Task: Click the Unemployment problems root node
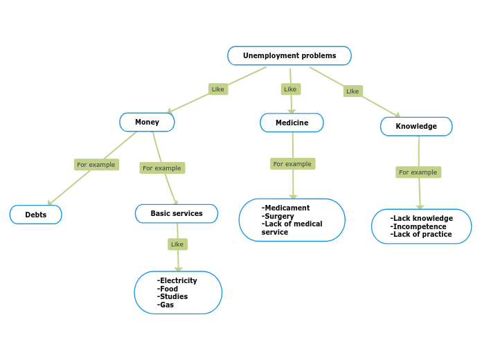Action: coord(289,55)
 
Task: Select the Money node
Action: coord(147,123)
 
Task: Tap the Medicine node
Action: coord(292,123)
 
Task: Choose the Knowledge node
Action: coord(416,126)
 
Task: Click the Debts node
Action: coord(36,215)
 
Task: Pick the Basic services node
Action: coord(177,213)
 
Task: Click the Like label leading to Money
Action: coord(218,89)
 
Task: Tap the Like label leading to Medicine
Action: coord(290,89)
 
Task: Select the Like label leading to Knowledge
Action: coord(352,91)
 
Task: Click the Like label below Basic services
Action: coord(177,244)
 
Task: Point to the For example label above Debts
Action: coord(96,164)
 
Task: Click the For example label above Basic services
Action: coord(162,168)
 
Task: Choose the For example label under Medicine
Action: coord(292,163)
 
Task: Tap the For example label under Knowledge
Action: coord(418,172)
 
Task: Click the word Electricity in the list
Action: coord(178,280)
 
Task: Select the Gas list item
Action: coord(166,305)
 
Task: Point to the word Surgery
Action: coord(278,216)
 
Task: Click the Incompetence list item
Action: coord(419,226)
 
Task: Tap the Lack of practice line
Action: coord(421,234)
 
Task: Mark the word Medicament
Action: coord(287,208)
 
